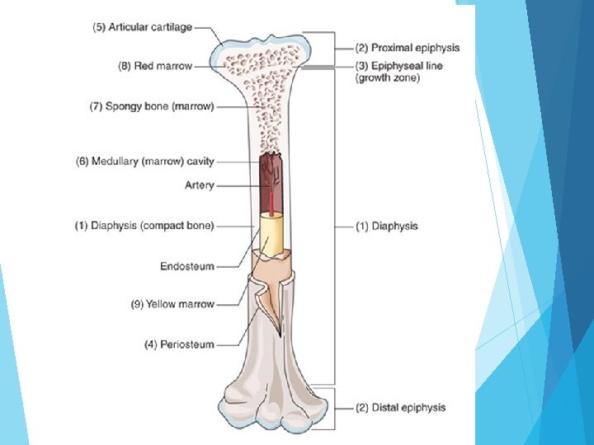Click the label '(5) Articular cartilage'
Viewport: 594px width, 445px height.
[x=142, y=27]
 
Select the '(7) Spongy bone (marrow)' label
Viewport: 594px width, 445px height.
[x=151, y=106]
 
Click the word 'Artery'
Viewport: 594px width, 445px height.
[x=199, y=185]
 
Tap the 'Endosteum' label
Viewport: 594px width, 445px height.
[x=186, y=266]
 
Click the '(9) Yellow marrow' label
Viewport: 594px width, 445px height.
[x=172, y=304]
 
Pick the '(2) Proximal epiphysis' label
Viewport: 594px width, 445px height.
[x=407, y=49]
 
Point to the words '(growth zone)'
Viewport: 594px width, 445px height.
[x=388, y=78]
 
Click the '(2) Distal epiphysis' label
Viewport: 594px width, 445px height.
[x=400, y=407]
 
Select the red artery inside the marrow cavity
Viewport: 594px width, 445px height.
[x=270, y=194]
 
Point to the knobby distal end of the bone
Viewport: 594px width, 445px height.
[x=272, y=408]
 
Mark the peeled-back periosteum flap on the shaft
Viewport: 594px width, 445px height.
[x=266, y=305]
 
